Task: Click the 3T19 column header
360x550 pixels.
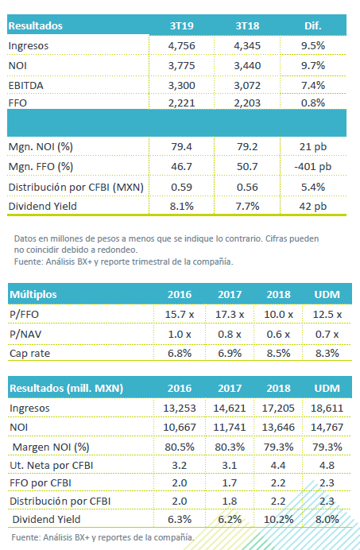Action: [x=181, y=26]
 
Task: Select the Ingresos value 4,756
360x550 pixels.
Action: [x=181, y=46]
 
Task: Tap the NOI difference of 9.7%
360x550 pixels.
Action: [x=313, y=66]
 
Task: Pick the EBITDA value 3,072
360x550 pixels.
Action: [x=247, y=86]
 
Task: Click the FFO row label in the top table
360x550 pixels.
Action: [x=17, y=103]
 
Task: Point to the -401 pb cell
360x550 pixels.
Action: [x=312, y=167]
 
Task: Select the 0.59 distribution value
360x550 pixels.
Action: [x=181, y=187]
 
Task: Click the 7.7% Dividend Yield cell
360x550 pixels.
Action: [x=247, y=207]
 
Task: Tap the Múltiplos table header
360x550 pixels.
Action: [x=33, y=294]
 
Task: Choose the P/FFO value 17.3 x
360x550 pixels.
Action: [x=230, y=314]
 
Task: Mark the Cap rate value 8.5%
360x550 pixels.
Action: [x=278, y=353]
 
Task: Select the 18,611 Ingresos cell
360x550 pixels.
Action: [x=327, y=409]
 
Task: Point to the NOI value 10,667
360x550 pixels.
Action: [x=180, y=428]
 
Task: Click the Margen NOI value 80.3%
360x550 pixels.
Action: [x=230, y=447]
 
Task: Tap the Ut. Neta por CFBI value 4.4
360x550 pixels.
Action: [x=278, y=466]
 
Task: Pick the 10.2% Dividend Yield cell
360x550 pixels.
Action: [x=278, y=520]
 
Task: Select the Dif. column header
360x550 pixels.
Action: [x=312, y=26]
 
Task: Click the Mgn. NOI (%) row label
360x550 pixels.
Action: [x=41, y=147]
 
